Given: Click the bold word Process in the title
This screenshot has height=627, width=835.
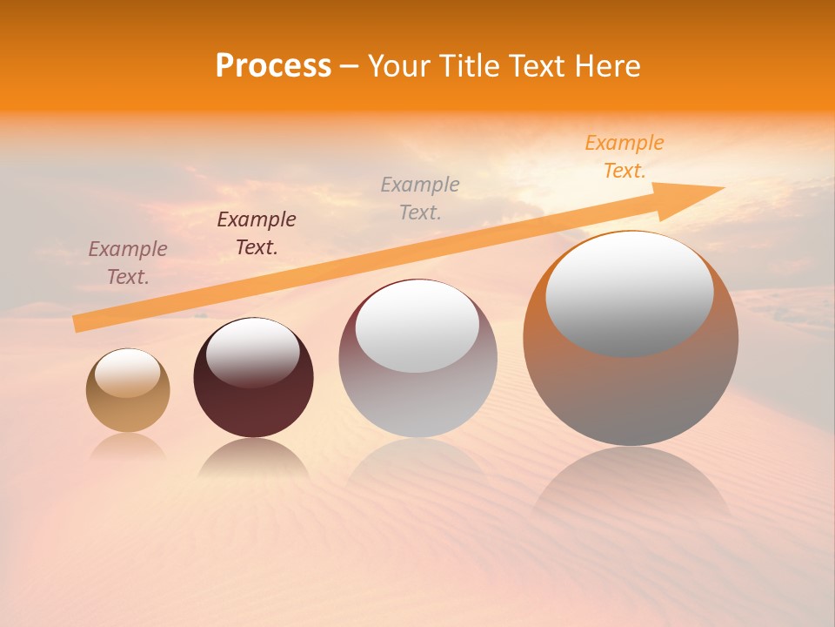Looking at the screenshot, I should pos(273,65).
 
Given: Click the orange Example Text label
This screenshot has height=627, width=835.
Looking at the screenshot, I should pos(624,157).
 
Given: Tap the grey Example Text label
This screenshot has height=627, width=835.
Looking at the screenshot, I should pos(420,198).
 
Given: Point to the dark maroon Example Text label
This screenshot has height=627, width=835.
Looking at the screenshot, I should pos(257,233).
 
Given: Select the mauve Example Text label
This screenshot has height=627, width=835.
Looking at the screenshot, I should pos(128,262).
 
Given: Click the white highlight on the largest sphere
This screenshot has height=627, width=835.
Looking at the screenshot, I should pos(630,293).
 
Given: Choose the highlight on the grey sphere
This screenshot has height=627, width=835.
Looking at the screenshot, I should pos(417,327).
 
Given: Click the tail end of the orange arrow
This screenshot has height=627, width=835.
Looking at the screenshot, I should pos(78,323).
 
